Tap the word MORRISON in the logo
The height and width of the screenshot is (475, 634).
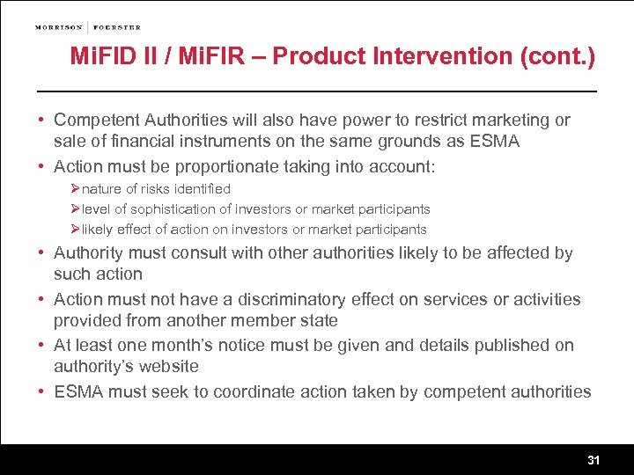58,27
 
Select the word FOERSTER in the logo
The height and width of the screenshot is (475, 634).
117,27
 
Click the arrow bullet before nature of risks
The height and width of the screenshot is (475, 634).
76,189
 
